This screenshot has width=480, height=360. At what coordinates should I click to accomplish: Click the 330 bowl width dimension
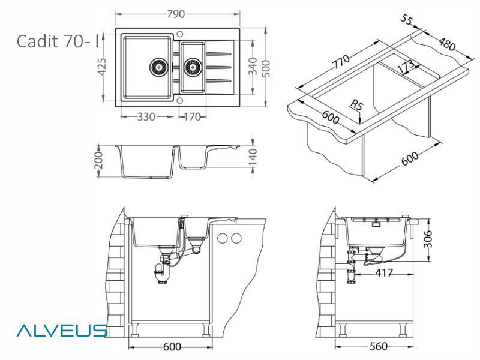[x=144, y=116]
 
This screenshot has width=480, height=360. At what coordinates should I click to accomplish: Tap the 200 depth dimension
[x=100, y=160]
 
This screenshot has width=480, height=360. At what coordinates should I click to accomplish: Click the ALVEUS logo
[x=63, y=331]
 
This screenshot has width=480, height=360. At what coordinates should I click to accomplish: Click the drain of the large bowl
[x=159, y=67]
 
